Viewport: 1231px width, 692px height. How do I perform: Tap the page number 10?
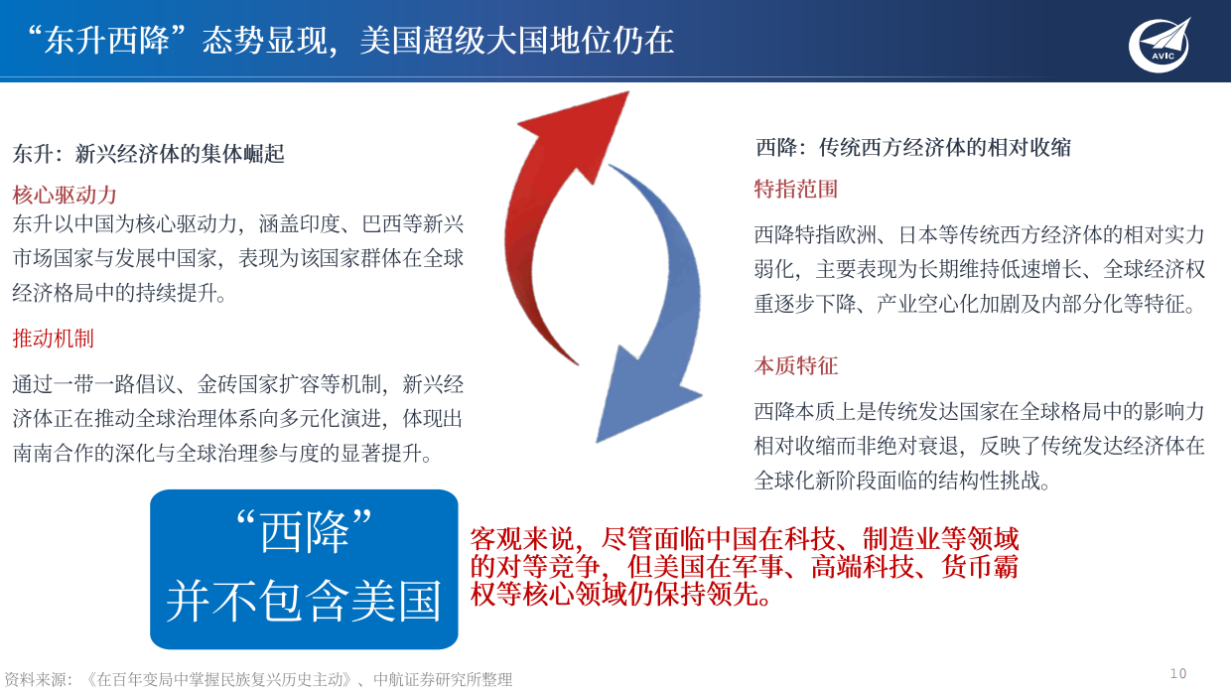coord(1178,672)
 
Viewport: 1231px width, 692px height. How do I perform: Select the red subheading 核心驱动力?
coord(65,193)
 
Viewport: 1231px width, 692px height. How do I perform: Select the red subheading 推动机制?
coord(54,339)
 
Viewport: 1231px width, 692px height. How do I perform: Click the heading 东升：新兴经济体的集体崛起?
coord(149,153)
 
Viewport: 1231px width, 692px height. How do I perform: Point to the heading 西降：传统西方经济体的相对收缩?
coord(913,148)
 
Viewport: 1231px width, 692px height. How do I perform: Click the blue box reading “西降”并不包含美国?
coord(304,569)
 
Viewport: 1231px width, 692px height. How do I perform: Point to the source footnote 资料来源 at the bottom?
coord(258,680)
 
